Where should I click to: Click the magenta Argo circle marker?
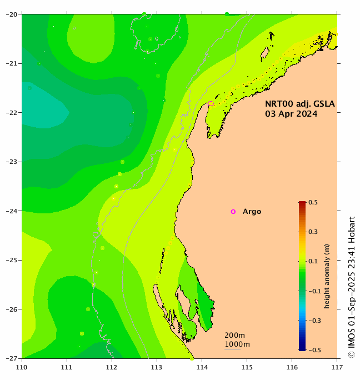tap(233, 212)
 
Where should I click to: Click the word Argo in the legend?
tap(252, 212)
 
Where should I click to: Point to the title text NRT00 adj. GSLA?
tap(299, 104)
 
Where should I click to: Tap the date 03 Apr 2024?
tap(291, 114)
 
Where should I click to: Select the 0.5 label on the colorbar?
tap(312, 203)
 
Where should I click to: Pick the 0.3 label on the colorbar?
tap(312, 232)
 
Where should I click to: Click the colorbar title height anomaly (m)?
tap(327, 276)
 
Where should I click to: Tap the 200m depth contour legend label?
tap(234, 336)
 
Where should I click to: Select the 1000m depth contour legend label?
tap(237, 344)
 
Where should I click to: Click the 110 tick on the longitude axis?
tap(22, 367)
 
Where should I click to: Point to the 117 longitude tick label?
tap(337, 367)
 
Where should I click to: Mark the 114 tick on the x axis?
tap(202, 367)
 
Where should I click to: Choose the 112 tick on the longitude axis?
tap(112, 367)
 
